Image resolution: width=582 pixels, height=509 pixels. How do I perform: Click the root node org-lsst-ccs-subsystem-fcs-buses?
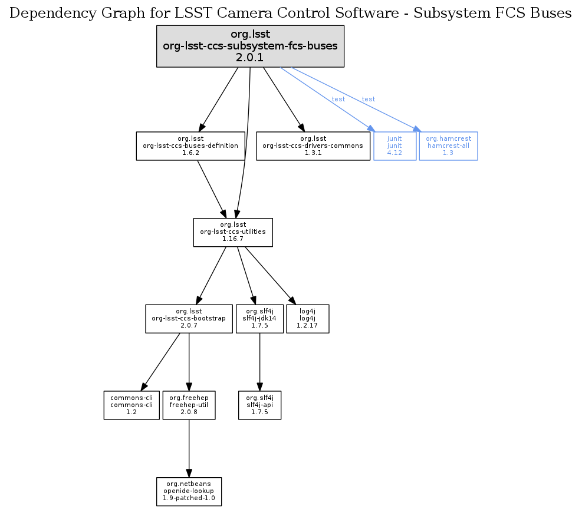[250, 46]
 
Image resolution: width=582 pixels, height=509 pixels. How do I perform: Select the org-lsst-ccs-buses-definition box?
[190, 146]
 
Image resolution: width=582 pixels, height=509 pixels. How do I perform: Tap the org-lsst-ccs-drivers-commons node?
[313, 146]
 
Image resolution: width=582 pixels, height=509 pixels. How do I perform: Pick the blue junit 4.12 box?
[394, 146]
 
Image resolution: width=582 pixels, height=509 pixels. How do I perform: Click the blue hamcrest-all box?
[448, 146]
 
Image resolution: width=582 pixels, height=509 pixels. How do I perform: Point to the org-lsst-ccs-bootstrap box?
[189, 319]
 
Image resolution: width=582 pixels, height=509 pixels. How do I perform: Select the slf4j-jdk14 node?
[259, 319]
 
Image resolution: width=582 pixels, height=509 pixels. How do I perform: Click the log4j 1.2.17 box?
[307, 319]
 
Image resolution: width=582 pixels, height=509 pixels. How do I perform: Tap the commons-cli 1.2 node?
[131, 405]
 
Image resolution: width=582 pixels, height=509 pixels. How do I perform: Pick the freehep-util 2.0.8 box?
[188, 405]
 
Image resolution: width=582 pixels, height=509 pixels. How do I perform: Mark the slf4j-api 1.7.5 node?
[259, 405]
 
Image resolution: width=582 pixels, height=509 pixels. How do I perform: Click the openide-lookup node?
[189, 491]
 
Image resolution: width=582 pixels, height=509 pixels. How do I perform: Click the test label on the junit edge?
[338, 99]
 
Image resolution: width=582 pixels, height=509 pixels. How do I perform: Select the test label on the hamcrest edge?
[369, 99]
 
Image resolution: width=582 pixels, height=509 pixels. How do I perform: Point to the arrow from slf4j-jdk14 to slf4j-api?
[259, 362]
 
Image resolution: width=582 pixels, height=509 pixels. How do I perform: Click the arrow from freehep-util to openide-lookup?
[189, 448]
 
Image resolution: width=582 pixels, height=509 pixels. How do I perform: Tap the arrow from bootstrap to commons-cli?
[161, 361]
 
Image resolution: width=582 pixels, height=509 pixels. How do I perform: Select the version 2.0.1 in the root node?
[250, 58]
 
